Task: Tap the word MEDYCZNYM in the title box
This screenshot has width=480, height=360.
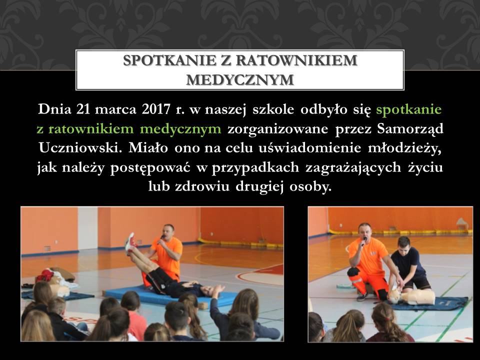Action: tap(240, 80)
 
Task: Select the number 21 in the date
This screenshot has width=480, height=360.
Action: tap(83, 109)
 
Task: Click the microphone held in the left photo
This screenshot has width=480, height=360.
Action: tap(161, 237)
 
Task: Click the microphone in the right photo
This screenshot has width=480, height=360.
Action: tap(364, 241)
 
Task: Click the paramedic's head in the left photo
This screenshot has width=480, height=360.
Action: tap(168, 231)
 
